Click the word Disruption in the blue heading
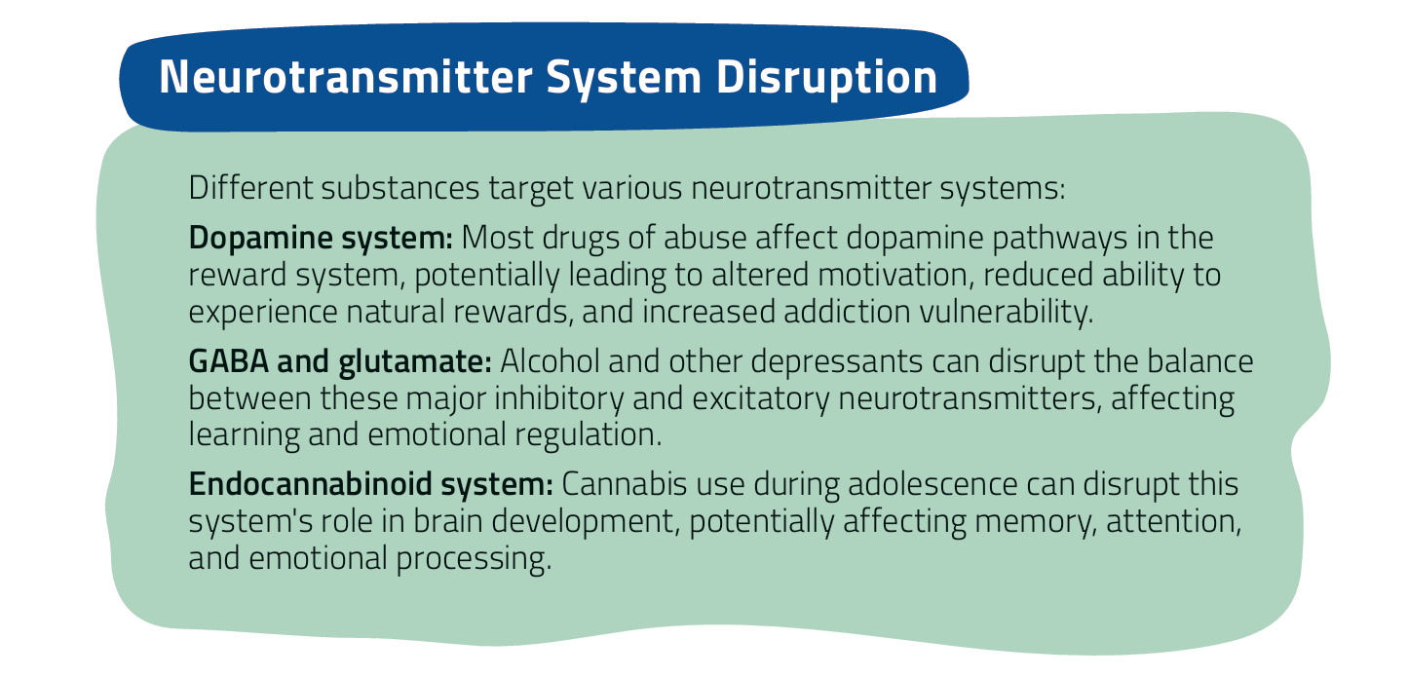[826, 78]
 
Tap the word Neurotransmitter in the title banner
[346, 77]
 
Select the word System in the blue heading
[624, 79]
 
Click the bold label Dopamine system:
[321, 239]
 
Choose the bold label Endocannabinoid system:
[371, 485]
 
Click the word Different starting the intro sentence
[250, 187]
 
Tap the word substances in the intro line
[400, 187]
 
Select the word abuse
[705, 238]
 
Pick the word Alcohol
[550, 361]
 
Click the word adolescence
[932, 485]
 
